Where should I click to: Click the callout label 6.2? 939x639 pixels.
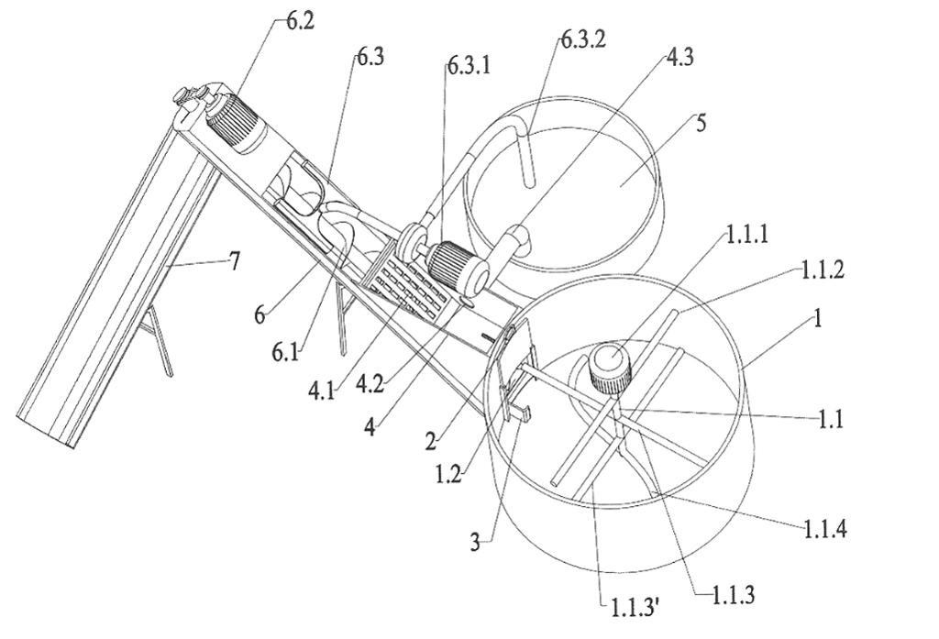click(300, 21)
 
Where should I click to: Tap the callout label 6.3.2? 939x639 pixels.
click(584, 39)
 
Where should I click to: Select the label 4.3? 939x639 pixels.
click(679, 58)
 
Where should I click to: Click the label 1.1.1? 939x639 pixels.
click(746, 234)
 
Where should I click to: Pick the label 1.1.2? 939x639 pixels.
click(823, 270)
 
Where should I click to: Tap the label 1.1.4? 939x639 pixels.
click(824, 529)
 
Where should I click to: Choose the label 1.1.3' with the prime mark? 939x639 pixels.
click(635, 608)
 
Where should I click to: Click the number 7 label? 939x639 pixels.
click(235, 260)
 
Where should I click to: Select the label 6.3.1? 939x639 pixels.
click(469, 65)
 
